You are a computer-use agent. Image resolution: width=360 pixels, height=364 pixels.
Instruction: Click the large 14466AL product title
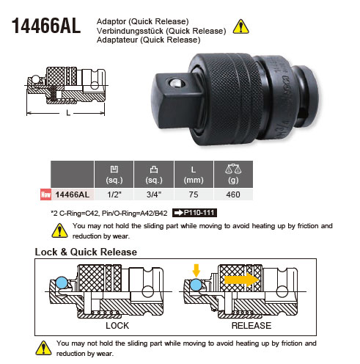46,26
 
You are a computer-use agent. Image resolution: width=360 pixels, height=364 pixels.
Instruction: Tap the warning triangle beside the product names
240,26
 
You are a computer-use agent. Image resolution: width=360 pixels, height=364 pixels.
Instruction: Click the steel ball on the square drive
176,83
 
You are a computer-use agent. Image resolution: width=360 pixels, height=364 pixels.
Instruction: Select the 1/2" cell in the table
114,194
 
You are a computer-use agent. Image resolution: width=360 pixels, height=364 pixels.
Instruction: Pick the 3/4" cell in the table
154,194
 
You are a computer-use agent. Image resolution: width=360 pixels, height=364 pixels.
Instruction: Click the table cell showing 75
194,194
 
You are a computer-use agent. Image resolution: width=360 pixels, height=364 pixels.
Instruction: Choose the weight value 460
233,194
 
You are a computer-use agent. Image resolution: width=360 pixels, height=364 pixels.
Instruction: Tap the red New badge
45,194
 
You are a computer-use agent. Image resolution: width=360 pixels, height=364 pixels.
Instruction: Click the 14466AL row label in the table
73,194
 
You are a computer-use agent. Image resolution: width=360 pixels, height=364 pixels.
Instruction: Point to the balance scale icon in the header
233,169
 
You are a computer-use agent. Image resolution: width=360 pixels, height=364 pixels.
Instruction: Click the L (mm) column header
194,175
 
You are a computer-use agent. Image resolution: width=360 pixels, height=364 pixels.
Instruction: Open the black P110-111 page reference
194,213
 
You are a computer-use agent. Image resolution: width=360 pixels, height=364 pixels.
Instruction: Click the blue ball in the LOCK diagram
62,283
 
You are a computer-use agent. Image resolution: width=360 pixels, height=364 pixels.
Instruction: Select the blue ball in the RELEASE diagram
196,285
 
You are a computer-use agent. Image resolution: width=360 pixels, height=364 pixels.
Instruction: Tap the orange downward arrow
196,270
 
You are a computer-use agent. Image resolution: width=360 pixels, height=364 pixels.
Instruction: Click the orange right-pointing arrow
241,280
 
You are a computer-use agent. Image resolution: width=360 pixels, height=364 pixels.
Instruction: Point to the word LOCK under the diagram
117,326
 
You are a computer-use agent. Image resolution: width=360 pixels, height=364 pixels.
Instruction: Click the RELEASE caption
251,326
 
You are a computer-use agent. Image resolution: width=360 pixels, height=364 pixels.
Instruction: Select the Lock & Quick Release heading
86,252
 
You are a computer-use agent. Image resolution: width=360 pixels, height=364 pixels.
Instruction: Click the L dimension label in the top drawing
68,113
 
